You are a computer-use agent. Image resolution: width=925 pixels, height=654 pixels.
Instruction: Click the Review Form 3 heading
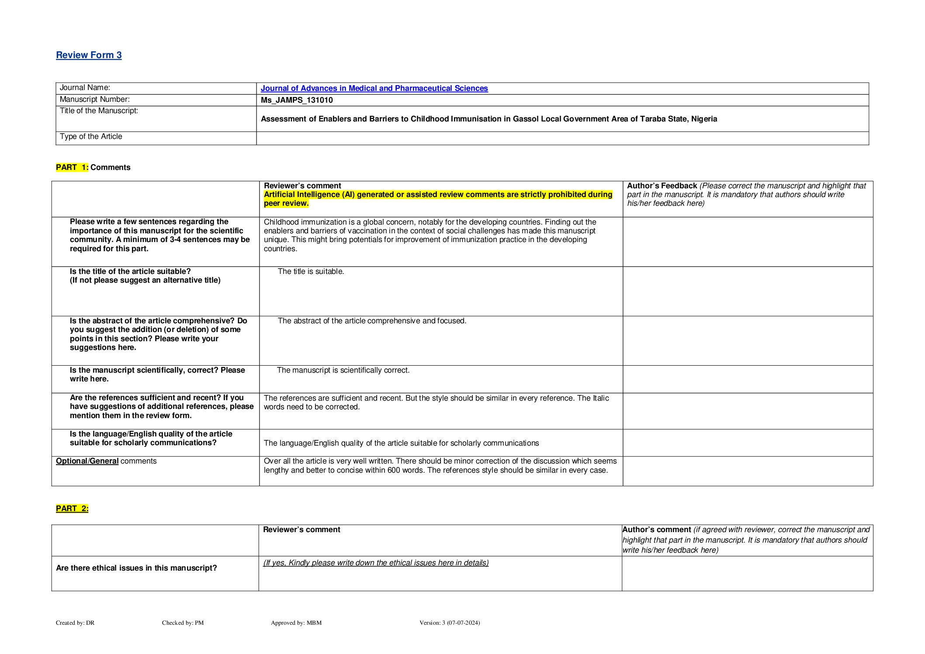pyautogui.click(x=89, y=55)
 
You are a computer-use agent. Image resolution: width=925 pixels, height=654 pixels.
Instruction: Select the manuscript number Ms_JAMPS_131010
pyautogui.click(x=297, y=100)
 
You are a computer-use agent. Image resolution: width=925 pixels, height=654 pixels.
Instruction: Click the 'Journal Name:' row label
pyautogui.click(x=85, y=88)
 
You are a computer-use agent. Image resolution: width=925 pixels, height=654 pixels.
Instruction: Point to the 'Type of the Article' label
pyautogui.click(x=91, y=137)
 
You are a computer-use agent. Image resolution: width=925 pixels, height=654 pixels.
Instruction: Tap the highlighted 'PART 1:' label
pyautogui.click(x=72, y=167)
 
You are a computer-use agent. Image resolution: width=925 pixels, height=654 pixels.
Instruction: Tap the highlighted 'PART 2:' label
pyautogui.click(x=72, y=509)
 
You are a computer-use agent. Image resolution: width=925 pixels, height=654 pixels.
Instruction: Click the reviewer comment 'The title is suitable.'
pyautogui.click(x=311, y=272)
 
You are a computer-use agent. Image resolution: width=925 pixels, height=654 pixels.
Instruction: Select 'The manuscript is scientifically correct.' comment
pyautogui.click(x=343, y=370)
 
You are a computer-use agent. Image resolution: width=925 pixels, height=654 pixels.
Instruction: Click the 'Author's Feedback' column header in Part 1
pyautogui.click(x=662, y=186)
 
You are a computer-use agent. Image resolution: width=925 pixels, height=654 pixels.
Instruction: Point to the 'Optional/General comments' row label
pyautogui.click(x=106, y=461)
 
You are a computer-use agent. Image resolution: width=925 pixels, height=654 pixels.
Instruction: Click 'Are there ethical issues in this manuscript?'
pyautogui.click(x=136, y=568)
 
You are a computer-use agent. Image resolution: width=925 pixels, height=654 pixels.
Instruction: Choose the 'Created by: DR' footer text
pyautogui.click(x=75, y=623)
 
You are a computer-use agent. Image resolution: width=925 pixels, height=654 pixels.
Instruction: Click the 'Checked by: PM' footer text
pyautogui.click(x=183, y=623)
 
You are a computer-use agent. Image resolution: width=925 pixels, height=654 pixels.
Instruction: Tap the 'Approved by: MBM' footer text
pyautogui.click(x=296, y=623)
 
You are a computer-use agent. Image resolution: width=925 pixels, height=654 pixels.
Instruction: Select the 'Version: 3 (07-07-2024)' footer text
pyautogui.click(x=449, y=623)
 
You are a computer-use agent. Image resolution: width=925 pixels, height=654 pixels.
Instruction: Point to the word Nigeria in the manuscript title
pyautogui.click(x=704, y=119)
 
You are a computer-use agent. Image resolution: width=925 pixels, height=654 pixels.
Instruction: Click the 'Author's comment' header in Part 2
pyautogui.click(x=656, y=530)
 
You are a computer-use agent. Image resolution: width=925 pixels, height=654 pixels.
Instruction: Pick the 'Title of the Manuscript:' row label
pyautogui.click(x=99, y=111)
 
